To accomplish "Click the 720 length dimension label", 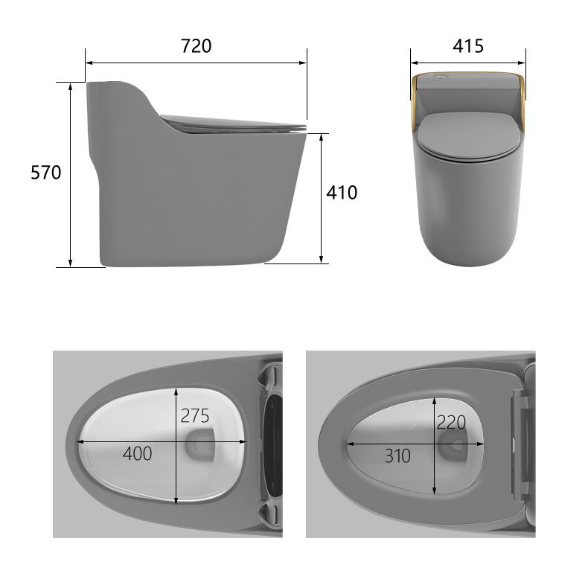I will pyautogui.click(x=196, y=46).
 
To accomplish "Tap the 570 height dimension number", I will pyautogui.click(x=45, y=173).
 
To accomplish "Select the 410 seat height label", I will pyautogui.click(x=342, y=193).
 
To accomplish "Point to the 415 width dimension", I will pyautogui.click(x=468, y=46).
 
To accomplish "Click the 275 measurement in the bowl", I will pyautogui.click(x=195, y=415).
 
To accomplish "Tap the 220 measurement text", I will pyautogui.click(x=450, y=423).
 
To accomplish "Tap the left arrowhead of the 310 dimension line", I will pyautogui.click(x=348, y=444).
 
